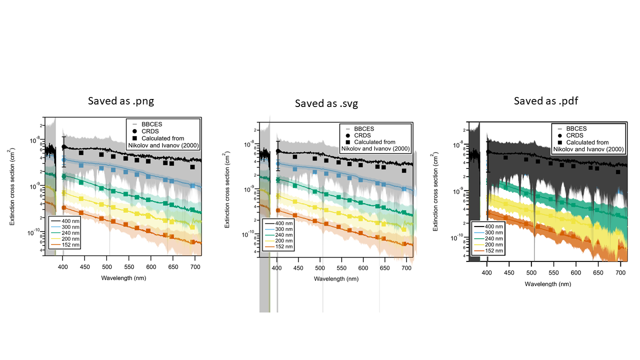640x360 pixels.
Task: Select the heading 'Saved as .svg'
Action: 326,103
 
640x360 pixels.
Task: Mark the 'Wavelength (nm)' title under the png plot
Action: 123,277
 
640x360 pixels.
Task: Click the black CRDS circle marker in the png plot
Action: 64,147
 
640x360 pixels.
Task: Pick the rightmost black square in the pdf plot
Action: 618,172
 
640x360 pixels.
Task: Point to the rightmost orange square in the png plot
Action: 193,242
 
